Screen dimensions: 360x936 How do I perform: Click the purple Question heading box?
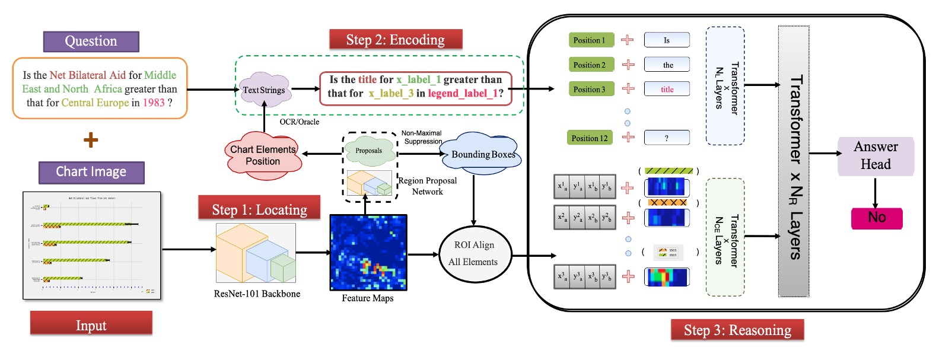click(91, 42)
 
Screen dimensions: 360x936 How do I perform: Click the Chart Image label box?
click(91, 172)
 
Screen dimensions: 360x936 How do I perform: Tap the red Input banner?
click(91, 324)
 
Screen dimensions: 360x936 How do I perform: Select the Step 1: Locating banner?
click(259, 209)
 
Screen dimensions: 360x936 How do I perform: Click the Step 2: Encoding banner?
click(396, 40)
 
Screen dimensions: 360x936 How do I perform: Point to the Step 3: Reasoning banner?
click(737, 330)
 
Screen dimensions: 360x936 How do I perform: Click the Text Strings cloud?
click(264, 90)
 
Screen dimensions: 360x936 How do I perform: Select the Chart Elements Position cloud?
click(263, 155)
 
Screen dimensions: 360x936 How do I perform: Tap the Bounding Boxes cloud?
click(482, 153)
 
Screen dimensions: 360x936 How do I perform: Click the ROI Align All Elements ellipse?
click(474, 253)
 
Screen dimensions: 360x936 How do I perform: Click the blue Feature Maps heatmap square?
click(368, 253)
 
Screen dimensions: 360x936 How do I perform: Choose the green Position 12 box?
click(590, 138)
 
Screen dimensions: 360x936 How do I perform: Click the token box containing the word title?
click(667, 89)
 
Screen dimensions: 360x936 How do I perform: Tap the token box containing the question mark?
click(667, 138)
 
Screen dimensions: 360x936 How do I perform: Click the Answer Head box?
click(875, 156)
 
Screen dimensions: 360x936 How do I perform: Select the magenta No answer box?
click(876, 218)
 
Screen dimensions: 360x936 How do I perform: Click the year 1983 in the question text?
click(154, 103)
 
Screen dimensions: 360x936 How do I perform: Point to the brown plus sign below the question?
click(91, 141)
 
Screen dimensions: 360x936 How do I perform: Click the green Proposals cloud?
click(369, 151)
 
